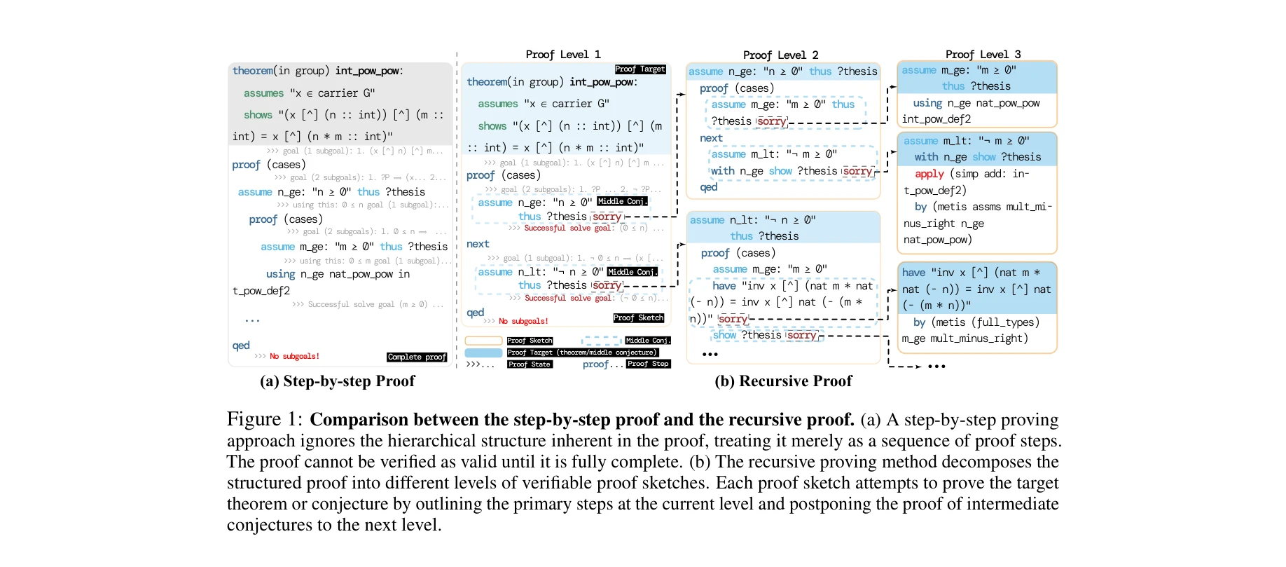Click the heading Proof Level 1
(562, 55)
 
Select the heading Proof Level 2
(780, 55)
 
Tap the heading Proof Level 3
(983, 55)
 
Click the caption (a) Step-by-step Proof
(337, 381)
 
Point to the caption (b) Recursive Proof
(783, 381)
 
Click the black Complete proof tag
(417, 357)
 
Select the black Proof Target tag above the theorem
(640, 69)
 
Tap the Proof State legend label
(530, 364)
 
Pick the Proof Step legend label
(648, 364)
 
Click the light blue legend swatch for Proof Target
(483, 353)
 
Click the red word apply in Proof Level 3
(929, 174)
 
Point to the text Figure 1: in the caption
(264, 420)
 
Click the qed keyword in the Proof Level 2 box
(709, 187)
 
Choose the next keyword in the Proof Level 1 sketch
(478, 244)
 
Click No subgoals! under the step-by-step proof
(294, 357)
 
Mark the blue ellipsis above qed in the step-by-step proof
(252, 320)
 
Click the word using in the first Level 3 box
(927, 103)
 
